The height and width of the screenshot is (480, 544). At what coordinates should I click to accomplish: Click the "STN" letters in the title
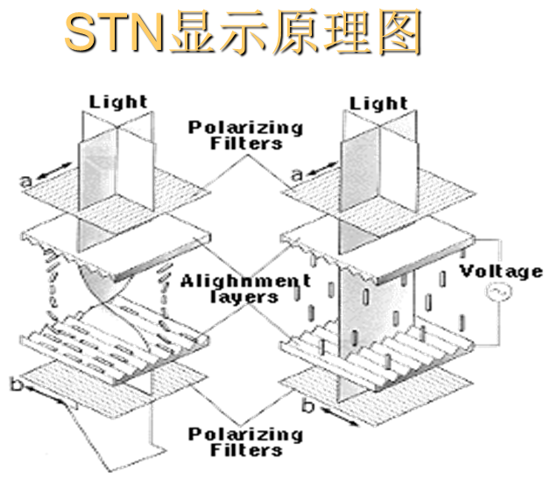[x=110, y=33]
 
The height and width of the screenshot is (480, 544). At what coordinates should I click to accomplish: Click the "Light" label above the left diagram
[x=118, y=103]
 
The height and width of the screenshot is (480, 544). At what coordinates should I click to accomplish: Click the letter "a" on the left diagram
[x=26, y=180]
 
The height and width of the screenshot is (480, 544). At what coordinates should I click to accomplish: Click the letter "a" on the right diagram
[x=296, y=175]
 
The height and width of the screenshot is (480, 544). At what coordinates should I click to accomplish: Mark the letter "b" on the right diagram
[x=306, y=406]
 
